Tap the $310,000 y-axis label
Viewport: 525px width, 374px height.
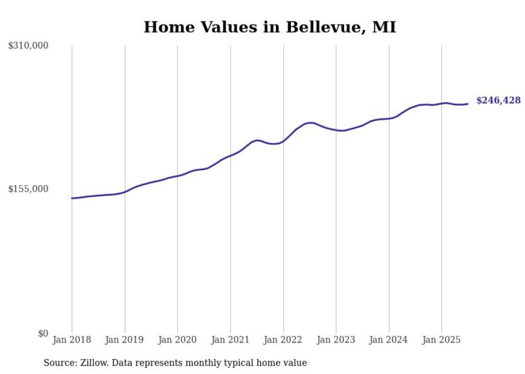[x=28, y=46]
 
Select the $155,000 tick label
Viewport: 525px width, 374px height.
[x=28, y=189]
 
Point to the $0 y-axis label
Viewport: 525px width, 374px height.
[x=43, y=333]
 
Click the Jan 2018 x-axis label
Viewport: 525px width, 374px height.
[x=72, y=340]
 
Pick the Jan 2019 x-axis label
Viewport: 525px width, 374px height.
[x=125, y=340]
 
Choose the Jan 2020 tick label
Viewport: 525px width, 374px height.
[x=177, y=340]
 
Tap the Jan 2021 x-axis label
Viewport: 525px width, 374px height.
[x=230, y=340]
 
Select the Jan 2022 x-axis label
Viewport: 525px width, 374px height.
[x=283, y=340]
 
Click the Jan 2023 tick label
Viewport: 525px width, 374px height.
[x=336, y=340]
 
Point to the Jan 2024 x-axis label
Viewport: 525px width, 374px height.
[x=388, y=340]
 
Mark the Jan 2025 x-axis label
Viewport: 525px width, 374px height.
[x=441, y=340]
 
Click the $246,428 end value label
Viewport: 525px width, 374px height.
[x=498, y=101]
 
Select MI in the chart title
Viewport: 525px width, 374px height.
[x=384, y=27]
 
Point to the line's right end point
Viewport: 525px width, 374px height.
[x=468, y=104]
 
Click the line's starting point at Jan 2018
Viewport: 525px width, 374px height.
[x=72, y=198]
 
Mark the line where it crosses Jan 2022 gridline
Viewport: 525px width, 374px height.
[x=283, y=141]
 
